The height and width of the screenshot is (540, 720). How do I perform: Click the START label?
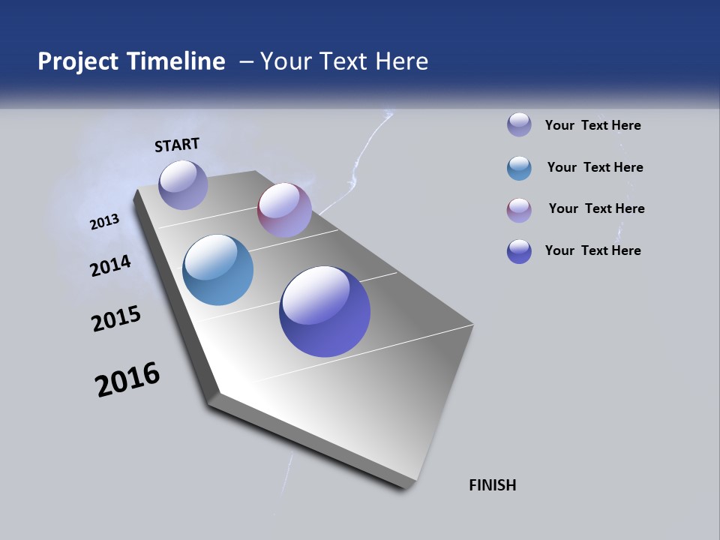point(177,145)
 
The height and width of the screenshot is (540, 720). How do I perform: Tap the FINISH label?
point(492,485)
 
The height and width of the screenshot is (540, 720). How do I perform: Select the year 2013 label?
point(105,221)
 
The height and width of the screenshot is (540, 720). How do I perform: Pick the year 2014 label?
point(111,265)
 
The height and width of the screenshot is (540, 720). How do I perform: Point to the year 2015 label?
point(116,319)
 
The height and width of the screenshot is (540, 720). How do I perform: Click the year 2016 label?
point(127,379)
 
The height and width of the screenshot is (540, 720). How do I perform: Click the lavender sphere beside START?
point(183,184)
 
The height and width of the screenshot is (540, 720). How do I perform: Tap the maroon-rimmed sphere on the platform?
point(284,210)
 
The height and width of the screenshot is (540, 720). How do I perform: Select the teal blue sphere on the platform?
point(217,270)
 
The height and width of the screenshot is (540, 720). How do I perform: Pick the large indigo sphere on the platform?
point(325,311)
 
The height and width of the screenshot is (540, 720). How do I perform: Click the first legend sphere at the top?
point(519,124)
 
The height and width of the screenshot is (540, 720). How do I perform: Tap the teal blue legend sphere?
point(519,168)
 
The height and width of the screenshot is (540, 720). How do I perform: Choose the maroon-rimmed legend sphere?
point(519,210)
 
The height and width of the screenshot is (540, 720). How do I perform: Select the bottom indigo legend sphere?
point(519,251)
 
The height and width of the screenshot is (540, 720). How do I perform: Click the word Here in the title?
point(401,61)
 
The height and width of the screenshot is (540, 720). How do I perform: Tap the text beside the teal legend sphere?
point(595,167)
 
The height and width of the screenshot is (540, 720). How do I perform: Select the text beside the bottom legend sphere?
point(592,250)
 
